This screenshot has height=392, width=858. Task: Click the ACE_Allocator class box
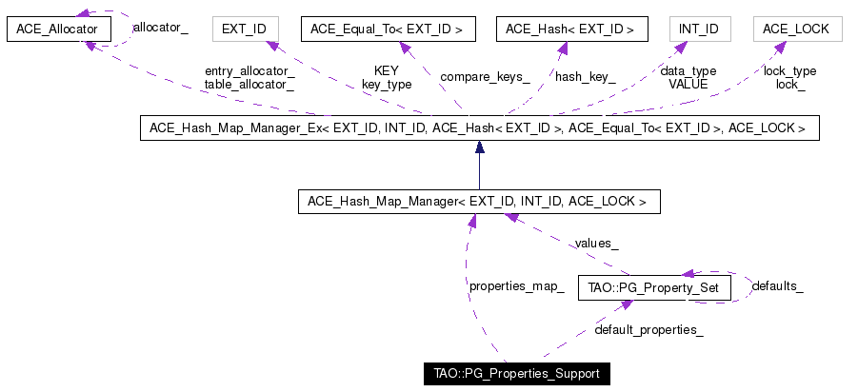[58, 29]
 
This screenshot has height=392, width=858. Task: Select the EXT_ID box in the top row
[246, 29]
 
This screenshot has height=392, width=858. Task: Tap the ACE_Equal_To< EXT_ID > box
[388, 29]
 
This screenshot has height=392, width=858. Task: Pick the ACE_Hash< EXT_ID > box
[571, 29]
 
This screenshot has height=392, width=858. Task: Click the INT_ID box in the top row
[700, 29]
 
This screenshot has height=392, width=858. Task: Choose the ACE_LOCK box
[798, 29]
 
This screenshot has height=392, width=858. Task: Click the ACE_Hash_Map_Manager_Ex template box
[479, 127]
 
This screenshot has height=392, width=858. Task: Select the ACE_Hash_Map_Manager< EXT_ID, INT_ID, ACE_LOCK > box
[479, 201]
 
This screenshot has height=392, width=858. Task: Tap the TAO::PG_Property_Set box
[654, 287]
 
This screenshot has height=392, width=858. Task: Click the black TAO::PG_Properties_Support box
[516, 374]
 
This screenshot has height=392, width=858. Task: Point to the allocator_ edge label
[161, 28]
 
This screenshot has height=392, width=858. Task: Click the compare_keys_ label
[485, 77]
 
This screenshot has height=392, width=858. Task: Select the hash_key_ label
[586, 78]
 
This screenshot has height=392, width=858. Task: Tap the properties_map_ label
[517, 286]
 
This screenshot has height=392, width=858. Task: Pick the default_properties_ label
[648, 329]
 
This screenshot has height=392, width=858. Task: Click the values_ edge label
[596, 244]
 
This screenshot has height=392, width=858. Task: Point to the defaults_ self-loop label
[778, 286]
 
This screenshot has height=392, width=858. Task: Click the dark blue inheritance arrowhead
[480, 147]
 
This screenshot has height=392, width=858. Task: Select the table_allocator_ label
[249, 84]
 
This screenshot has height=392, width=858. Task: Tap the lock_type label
[789, 71]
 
